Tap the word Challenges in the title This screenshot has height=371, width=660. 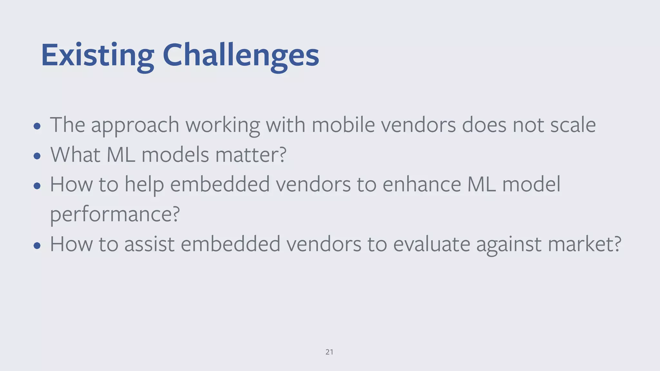click(x=241, y=55)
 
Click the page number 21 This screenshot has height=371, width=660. click(x=329, y=352)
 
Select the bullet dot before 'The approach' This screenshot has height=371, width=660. click(x=37, y=126)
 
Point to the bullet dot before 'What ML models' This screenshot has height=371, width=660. click(x=37, y=156)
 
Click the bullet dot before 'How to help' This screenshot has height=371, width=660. click(x=37, y=186)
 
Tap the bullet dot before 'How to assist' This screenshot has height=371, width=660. click(x=37, y=246)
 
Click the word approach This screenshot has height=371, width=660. click(x=135, y=126)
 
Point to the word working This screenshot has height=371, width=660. click(x=222, y=126)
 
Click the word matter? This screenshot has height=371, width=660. click(x=251, y=155)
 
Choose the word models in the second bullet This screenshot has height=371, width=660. click(x=175, y=155)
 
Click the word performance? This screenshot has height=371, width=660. click(x=115, y=214)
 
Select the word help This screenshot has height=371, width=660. click(x=144, y=185)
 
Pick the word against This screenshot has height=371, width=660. click(x=509, y=245)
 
